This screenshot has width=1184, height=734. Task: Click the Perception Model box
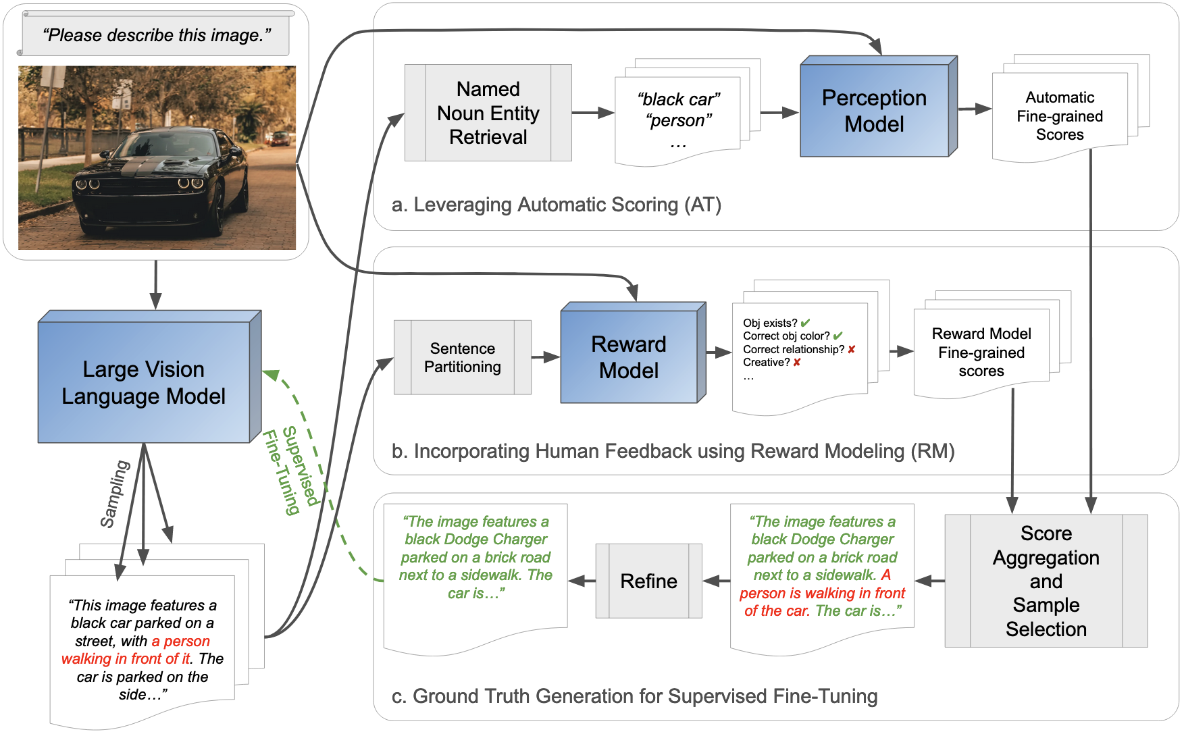point(874,111)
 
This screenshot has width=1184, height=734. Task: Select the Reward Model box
point(629,357)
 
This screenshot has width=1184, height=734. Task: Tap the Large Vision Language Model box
point(144,382)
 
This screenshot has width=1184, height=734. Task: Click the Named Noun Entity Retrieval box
point(488,113)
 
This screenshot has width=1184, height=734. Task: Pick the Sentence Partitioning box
point(463,357)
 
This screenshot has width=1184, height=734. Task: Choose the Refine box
point(648,581)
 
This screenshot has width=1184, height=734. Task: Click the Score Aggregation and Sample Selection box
point(1046,581)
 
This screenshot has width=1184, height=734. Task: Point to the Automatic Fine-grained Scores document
point(1060,116)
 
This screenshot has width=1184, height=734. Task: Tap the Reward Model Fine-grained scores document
point(981,352)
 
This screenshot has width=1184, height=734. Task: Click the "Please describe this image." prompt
point(156,35)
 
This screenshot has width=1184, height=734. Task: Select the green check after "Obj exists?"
point(805,323)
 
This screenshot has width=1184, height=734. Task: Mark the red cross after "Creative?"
point(797,363)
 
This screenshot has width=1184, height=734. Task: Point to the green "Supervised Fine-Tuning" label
point(290,470)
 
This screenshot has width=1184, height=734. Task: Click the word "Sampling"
point(114,494)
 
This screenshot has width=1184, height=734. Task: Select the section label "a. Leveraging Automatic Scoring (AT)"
point(556,205)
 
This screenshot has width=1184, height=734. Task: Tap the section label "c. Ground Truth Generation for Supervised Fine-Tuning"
point(634,696)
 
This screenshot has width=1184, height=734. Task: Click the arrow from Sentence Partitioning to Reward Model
point(545,357)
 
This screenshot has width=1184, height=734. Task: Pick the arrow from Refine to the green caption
point(582,581)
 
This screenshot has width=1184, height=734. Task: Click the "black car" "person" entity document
point(677,119)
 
